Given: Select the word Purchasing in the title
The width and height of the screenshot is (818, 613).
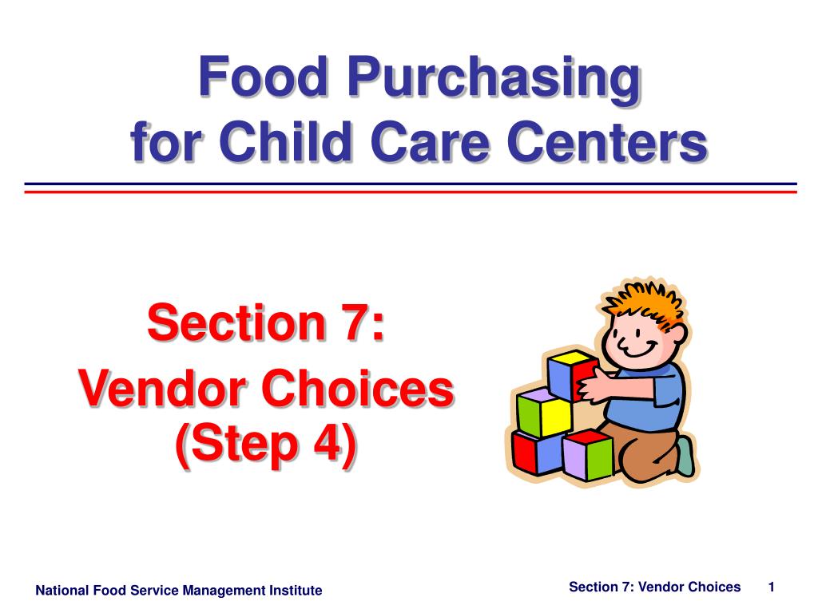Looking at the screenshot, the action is click(x=495, y=80).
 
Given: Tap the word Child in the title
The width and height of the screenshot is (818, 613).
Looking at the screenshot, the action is click(x=285, y=141).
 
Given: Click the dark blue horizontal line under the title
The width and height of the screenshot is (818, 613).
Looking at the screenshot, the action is click(x=411, y=184).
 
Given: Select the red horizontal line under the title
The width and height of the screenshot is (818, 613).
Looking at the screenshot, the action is click(x=411, y=192).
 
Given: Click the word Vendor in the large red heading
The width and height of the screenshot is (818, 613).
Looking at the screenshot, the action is click(x=163, y=389).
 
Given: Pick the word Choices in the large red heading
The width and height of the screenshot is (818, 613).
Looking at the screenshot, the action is click(x=358, y=389).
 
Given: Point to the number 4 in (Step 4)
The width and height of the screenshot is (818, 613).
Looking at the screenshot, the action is click(x=328, y=444).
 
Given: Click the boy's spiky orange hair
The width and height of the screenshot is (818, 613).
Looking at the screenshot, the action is click(x=645, y=305).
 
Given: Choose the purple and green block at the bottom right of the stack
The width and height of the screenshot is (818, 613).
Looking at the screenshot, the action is click(x=587, y=454).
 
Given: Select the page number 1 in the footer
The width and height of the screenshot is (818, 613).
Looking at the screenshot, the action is click(x=771, y=587).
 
